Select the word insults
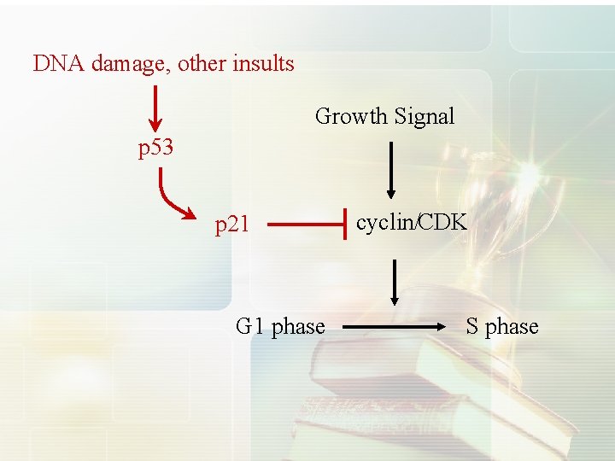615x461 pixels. pyautogui.click(x=265, y=63)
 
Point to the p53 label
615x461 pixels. pyautogui.click(x=156, y=148)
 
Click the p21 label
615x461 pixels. pyautogui.click(x=231, y=225)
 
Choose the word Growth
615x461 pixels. pyautogui.click(x=350, y=116)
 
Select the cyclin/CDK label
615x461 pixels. pyautogui.click(x=412, y=223)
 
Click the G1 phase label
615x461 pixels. pyautogui.click(x=280, y=326)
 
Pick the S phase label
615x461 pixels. pyautogui.click(x=502, y=326)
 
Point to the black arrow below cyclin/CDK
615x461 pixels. pyautogui.click(x=395, y=282)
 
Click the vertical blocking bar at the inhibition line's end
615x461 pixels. pyautogui.click(x=344, y=225)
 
